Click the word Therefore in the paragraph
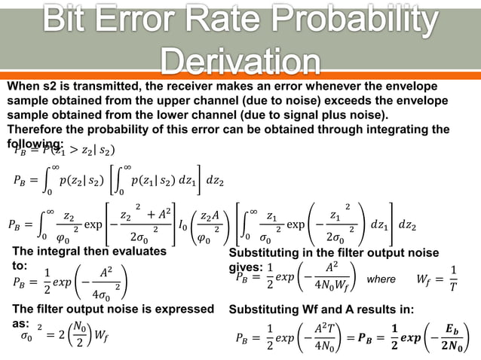[x=35, y=130]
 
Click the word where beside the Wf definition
[x=381, y=279]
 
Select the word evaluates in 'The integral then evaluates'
[x=141, y=252]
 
